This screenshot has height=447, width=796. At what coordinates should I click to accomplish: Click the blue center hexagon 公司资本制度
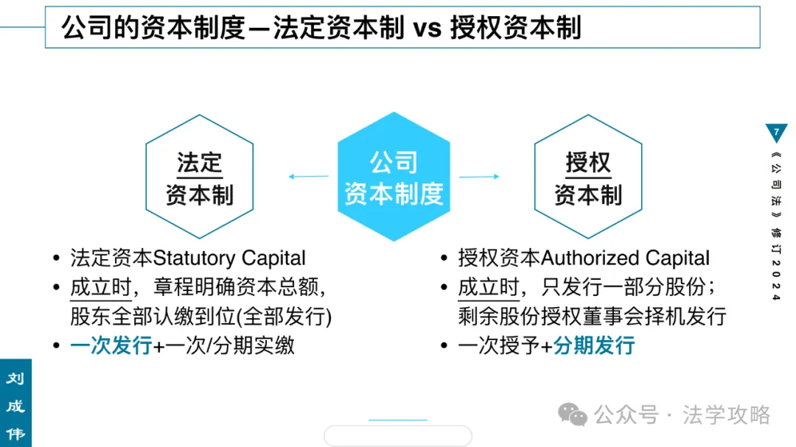(x=394, y=177)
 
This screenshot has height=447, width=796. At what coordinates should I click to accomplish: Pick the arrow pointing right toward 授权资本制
(x=479, y=177)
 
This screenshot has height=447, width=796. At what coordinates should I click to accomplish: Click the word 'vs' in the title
(x=426, y=28)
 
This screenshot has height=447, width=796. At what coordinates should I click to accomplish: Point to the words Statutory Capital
(x=229, y=258)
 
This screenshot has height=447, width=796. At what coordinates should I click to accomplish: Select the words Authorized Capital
(x=626, y=258)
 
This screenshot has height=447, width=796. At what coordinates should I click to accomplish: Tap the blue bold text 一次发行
(x=111, y=345)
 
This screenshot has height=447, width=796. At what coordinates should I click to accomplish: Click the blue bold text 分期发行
(x=594, y=345)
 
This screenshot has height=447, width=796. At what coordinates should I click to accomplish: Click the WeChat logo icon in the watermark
(x=573, y=415)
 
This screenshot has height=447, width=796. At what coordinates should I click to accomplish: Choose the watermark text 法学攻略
(x=726, y=415)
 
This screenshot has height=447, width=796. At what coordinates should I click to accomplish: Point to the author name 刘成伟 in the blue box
(x=15, y=406)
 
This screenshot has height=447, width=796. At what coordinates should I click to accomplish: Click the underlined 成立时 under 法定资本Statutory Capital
(x=100, y=287)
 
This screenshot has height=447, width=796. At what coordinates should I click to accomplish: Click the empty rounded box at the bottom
(x=398, y=436)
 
